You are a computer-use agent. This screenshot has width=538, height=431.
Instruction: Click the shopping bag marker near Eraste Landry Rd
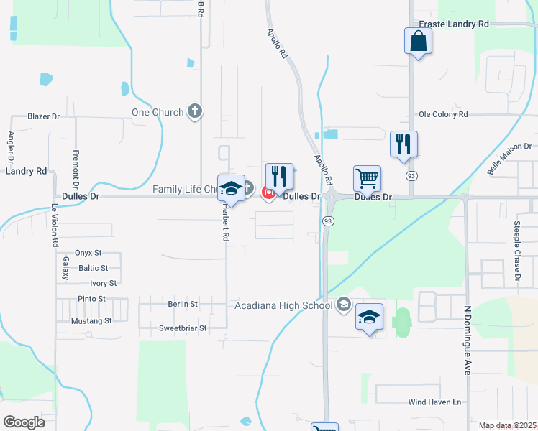pos(418,42)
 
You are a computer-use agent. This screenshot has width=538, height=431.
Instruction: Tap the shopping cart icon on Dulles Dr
pos(367,178)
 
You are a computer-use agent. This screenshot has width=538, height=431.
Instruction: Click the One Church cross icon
pos(193,111)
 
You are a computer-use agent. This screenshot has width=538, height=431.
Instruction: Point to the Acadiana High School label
pos(284,305)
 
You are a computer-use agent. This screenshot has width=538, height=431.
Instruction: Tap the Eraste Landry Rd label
pos(454,24)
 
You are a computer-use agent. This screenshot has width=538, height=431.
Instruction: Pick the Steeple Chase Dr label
pos(516,251)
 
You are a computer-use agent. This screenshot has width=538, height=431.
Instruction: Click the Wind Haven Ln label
pos(434,402)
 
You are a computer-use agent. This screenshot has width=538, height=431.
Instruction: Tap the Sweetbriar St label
pos(183,328)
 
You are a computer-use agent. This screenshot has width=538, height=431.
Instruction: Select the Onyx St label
pos(91,253)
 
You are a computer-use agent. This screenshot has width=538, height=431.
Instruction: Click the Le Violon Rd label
pos(54,226)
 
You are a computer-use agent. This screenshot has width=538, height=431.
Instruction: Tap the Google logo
pos(24,422)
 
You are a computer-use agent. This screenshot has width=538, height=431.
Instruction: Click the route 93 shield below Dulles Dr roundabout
pos(327,221)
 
